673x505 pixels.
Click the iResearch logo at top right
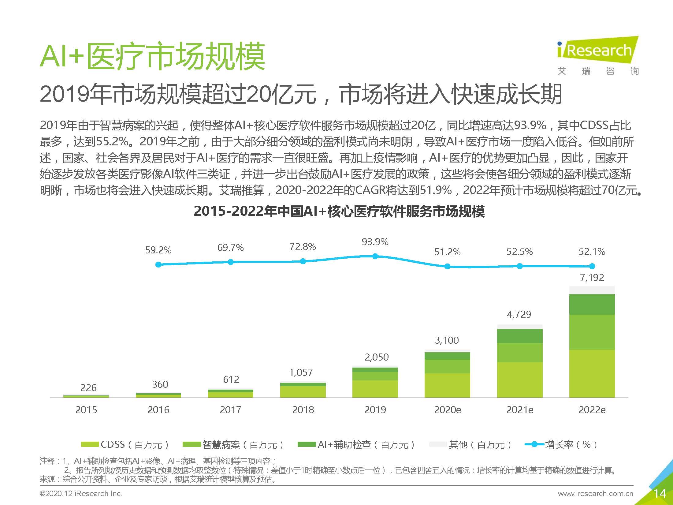[x=598, y=55]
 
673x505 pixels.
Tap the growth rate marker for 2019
[x=375, y=256]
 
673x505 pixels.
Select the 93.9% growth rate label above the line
[x=375, y=242]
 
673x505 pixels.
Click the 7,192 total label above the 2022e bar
[x=592, y=278]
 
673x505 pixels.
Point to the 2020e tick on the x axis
[x=447, y=410]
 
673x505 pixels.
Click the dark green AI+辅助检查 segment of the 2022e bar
[x=592, y=304]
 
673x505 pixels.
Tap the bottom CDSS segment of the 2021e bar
[x=520, y=380]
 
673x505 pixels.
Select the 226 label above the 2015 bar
[x=88, y=388]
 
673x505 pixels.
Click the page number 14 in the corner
[x=660, y=493]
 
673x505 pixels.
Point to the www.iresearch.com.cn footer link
[x=595, y=493]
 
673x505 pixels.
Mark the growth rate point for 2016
[x=158, y=264]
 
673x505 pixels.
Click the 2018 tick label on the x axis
[x=303, y=410]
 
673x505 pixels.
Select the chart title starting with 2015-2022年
[x=339, y=211]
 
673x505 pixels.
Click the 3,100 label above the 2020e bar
[x=447, y=340]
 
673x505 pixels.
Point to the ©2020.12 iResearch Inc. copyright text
[x=81, y=493]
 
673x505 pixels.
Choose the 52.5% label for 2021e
[x=519, y=252]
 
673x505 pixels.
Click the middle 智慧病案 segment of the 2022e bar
[x=592, y=332]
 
